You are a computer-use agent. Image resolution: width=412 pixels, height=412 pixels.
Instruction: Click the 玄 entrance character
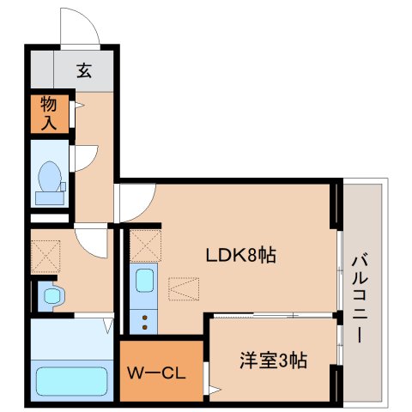coord(84,71)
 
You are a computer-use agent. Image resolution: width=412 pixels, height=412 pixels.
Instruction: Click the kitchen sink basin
coord(145,281)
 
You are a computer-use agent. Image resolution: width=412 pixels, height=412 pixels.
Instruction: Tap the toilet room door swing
coord(84,159)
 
